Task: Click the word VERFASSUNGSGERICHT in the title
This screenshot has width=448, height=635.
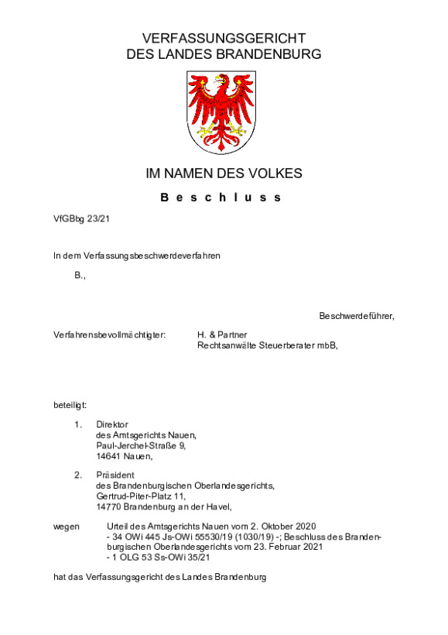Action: pyautogui.click(x=224, y=38)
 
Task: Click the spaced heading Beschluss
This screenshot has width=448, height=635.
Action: pyautogui.click(x=223, y=197)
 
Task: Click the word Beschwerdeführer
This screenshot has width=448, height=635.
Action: pyautogui.click(x=356, y=316)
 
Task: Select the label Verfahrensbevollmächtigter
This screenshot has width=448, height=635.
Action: pyautogui.click(x=109, y=335)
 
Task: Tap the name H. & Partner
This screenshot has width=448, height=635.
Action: pyautogui.click(x=221, y=335)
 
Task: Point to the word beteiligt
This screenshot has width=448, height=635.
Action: pyautogui.click(x=70, y=404)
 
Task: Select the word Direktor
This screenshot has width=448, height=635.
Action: pyautogui.click(x=111, y=424)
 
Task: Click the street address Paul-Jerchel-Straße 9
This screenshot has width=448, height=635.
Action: pyautogui.click(x=141, y=445)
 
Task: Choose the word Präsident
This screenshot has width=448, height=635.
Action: pyautogui.click(x=115, y=475)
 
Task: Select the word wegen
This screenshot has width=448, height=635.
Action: pyautogui.click(x=66, y=526)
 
